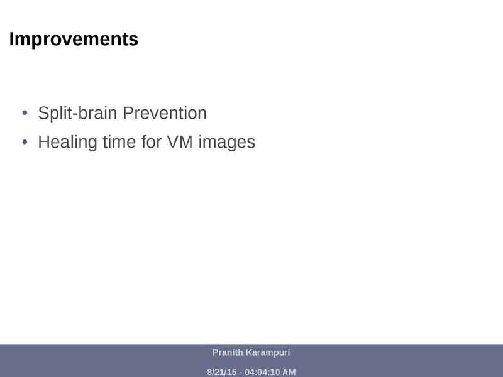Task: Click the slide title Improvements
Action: [74, 40]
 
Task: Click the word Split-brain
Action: [77, 114]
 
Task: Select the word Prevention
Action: [164, 114]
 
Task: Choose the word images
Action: [226, 143]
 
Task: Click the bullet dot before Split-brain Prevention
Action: [25, 114]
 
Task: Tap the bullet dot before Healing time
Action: [25, 142]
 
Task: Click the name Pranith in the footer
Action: [228, 352]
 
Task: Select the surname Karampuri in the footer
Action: [268, 353]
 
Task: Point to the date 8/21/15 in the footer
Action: [221, 372]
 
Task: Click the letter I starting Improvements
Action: [11, 40]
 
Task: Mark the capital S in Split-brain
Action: [43, 114]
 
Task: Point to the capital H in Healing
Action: [43, 142]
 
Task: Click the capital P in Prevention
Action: [127, 114]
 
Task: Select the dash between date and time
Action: [240, 373]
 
